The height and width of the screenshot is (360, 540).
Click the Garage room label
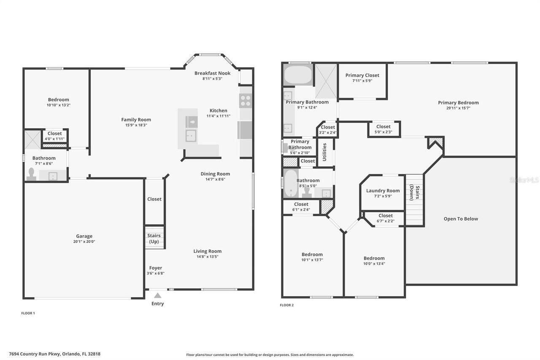click(x=84, y=236)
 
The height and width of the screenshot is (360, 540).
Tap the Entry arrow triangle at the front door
click(x=157, y=295)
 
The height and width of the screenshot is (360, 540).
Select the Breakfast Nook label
click(x=212, y=73)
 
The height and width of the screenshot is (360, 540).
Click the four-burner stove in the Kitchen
click(x=245, y=101)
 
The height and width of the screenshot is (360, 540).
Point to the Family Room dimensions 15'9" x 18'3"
click(x=136, y=125)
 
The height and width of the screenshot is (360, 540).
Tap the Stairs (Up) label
click(x=154, y=238)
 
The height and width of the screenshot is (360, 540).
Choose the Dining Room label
click(x=215, y=173)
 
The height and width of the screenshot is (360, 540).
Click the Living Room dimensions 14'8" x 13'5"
click(x=207, y=257)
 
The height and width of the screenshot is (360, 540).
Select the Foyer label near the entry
click(x=155, y=268)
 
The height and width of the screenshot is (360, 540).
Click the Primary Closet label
click(x=362, y=75)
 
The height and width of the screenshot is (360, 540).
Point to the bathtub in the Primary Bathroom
click(x=298, y=75)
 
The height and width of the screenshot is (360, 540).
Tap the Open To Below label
click(x=461, y=219)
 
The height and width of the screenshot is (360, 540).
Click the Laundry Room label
click(x=383, y=190)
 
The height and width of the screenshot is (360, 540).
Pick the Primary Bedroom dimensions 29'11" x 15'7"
click(x=458, y=108)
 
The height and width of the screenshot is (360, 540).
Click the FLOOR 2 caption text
click(x=287, y=305)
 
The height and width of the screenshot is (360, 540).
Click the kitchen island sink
click(x=192, y=135)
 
